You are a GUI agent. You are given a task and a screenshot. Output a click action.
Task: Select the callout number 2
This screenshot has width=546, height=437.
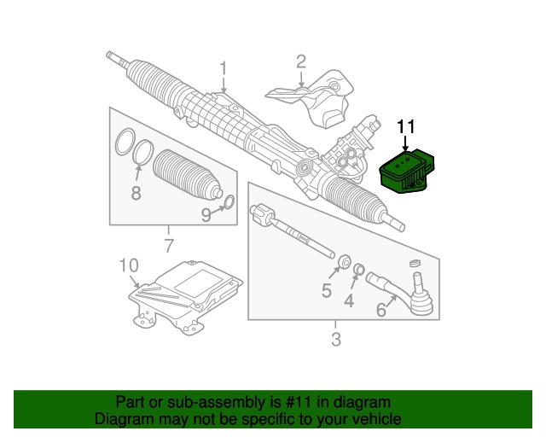click(x=300, y=61)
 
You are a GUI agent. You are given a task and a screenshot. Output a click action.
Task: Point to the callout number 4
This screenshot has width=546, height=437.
click(x=348, y=300)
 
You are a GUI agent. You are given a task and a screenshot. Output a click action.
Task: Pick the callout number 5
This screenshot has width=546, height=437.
click(x=326, y=291)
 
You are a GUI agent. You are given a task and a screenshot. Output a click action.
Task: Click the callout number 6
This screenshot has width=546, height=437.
click(x=380, y=312)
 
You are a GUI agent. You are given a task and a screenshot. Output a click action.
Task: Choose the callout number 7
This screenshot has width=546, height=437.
click(x=168, y=247)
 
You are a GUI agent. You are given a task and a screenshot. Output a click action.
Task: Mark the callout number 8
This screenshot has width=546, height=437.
click(x=136, y=193)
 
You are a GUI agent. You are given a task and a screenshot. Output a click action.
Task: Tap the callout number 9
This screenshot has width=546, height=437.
click(x=206, y=215)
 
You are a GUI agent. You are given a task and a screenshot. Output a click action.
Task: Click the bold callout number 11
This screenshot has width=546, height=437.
click(x=405, y=127)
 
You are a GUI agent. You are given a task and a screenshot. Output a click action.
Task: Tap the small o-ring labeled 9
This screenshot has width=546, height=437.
click(x=227, y=202)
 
